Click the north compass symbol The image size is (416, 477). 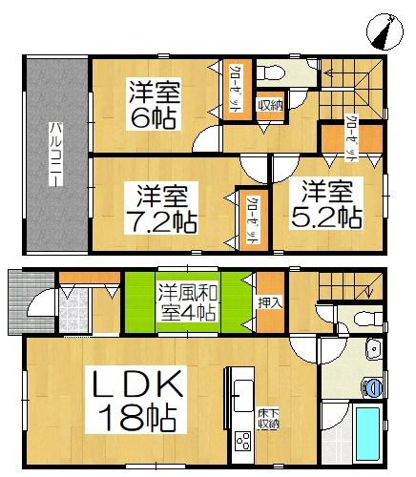(383, 31)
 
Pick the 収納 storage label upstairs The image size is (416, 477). (269, 105)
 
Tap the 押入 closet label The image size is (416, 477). (270, 301)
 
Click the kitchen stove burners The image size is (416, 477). (240, 441)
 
